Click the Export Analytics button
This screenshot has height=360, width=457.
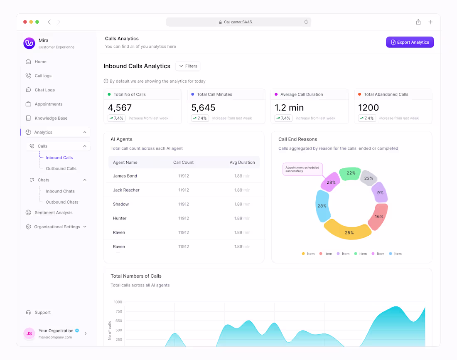coord(410,42)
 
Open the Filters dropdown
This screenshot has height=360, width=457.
coord(188,66)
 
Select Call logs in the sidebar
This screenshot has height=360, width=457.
coord(43,76)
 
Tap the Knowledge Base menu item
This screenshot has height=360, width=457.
coord(51,118)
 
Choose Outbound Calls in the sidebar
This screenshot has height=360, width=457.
coord(61,168)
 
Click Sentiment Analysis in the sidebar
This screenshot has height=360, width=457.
coord(53,212)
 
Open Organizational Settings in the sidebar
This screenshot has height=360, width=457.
coord(57,227)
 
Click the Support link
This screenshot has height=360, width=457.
coord(42,312)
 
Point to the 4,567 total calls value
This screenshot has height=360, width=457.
coord(120,108)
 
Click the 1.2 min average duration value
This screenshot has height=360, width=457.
coord(289,108)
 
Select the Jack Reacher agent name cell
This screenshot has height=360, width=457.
coord(126,190)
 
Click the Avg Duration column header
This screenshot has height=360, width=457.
coord(242,162)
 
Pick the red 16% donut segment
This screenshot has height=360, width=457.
coord(378,216)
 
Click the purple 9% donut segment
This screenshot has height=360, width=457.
coord(380,193)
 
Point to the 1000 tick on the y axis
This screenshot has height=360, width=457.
coord(118,302)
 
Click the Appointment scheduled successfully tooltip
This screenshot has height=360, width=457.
coord(302,169)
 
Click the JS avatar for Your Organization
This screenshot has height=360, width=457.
coord(29,333)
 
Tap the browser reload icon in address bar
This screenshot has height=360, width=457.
coord(306,22)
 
